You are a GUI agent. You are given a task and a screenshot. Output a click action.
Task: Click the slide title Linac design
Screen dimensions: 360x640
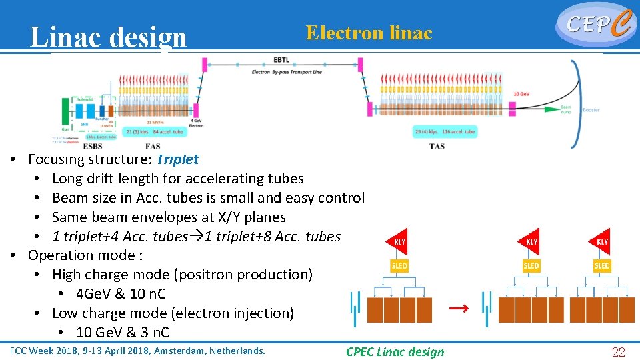click(108, 37)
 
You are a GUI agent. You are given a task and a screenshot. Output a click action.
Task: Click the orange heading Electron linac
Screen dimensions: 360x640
click(369, 33)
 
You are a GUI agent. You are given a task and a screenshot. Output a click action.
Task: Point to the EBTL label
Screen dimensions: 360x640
click(281, 61)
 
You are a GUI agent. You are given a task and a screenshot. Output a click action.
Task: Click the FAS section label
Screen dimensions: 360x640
click(153, 146)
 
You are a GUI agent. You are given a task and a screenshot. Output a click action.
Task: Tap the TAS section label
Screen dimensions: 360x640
click(437, 146)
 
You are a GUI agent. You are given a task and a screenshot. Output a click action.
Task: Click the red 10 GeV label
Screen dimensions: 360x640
click(522, 94)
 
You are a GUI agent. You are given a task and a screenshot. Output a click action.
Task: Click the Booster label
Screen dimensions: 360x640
click(591, 110)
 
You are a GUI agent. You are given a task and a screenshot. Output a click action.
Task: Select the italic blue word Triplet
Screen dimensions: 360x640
click(177, 159)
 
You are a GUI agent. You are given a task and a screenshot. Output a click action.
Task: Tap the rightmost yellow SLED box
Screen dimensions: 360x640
click(602, 265)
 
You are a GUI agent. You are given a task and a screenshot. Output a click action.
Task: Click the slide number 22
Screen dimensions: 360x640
click(619, 353)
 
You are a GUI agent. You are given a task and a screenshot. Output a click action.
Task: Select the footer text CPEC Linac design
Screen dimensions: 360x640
click(395, 352)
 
